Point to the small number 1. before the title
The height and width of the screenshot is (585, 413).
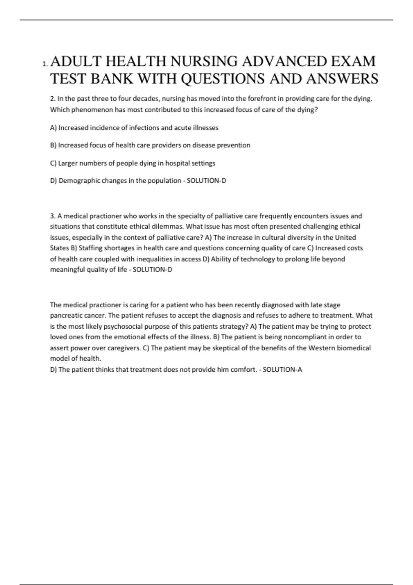click(45, 64)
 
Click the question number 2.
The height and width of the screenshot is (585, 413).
click(53, 99)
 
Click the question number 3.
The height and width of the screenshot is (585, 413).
click(53, 216)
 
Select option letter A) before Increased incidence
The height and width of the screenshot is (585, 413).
click(53, 128)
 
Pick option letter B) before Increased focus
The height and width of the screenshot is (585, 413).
click(53, 145)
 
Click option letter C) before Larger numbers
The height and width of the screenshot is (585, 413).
click(53, 163)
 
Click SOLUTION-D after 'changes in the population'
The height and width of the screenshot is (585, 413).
click(206, 181)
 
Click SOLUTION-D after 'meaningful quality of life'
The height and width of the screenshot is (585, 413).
click(152, 270)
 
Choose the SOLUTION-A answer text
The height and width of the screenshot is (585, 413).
click(282, 370)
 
